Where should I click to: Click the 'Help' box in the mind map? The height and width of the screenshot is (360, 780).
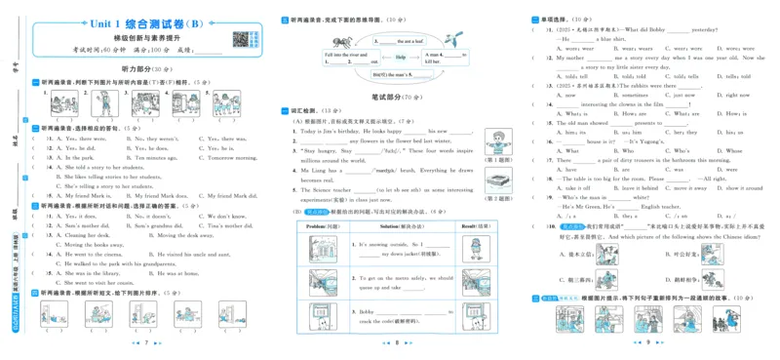[x=400, y=58]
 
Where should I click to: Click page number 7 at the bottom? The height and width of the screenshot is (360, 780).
[x=144, y=342]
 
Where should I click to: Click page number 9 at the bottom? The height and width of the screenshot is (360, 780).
[x=648, y=342]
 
